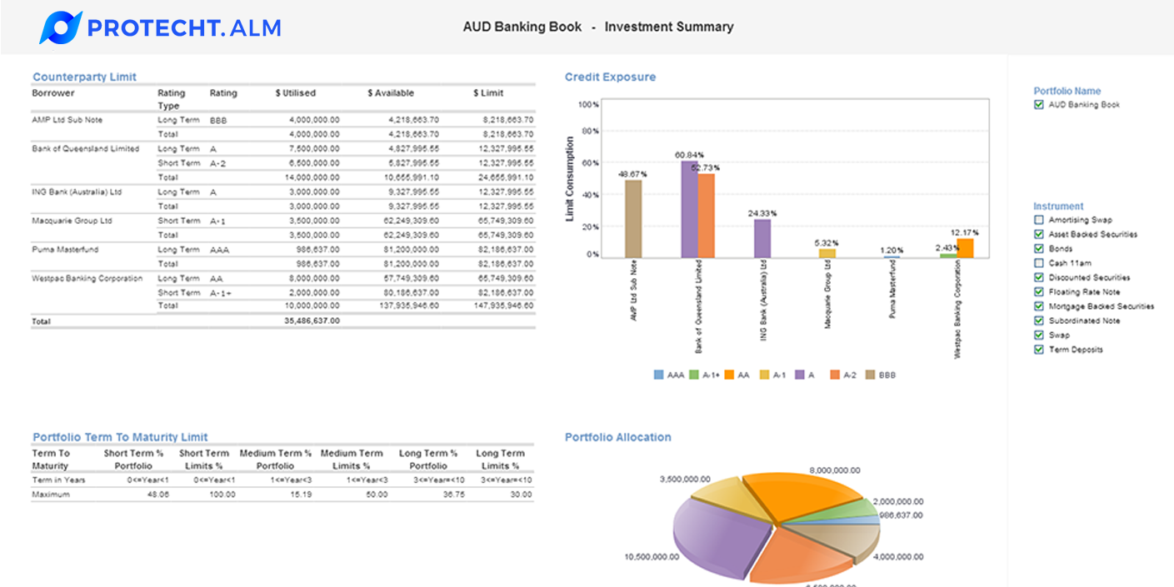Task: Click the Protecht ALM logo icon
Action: point(61,27)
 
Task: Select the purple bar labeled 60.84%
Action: point(689,209)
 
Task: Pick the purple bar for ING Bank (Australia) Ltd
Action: point(762,238)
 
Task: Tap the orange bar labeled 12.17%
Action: point(965,248)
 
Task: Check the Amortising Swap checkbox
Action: point(1038,220)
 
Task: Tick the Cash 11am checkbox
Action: point(1038,263)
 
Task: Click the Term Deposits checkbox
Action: point(1038,350)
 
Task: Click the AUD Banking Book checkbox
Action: point(1038,105)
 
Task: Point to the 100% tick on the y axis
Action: point(588,105)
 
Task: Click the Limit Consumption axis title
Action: point(571,179)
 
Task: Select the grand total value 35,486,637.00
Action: point(311,321)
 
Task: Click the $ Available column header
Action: point(391,93)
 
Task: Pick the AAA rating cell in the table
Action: point(219,250)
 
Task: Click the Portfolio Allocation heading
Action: point(617,437)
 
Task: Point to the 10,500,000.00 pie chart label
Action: point(652,557)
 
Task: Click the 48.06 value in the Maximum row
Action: point(157,495)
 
